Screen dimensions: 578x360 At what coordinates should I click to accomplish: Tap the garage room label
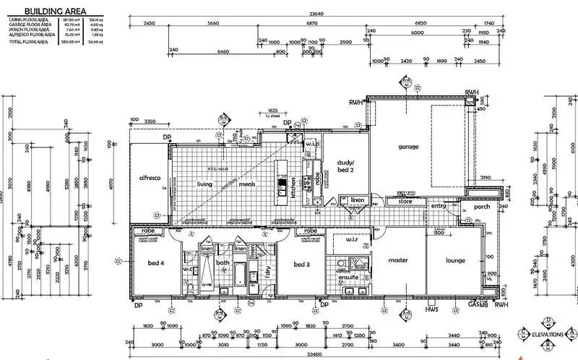pyautogui.click(x=409, y=147)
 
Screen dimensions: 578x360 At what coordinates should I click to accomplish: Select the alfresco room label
pyautogui.click(x=149, y=177)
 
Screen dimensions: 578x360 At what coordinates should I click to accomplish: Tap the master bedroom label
pyautogui.click(x=398, y=260)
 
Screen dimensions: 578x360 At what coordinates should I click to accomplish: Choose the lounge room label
pyautogui.click(x=455, y=260)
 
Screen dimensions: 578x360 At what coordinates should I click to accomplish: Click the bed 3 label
pyautogui.click(x=302, y=265)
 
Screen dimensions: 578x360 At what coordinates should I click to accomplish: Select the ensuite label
pyautogui.click(x=350, y=278)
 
